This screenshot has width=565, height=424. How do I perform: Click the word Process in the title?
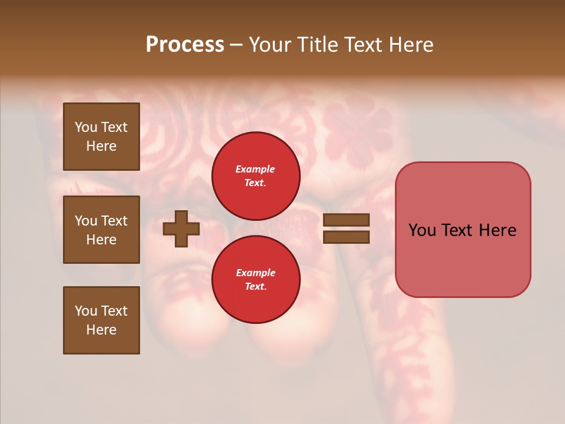[185, 45]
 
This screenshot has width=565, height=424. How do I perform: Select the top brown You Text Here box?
[101, 137]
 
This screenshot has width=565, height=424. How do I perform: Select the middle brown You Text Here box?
[101, 230]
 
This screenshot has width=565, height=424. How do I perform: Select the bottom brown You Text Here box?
[101, 320]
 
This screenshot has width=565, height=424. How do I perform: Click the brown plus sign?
[181, 228]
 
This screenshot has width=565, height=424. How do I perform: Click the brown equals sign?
[347, 228]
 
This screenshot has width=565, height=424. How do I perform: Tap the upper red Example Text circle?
[255, 175]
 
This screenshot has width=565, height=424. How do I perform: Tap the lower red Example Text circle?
[255, 279]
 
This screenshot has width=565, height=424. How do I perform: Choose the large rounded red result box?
[463, 230]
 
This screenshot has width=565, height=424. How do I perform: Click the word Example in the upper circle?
[255, 169]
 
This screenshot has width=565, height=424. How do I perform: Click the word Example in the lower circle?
[255, 273]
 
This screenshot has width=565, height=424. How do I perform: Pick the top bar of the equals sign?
[347, 220]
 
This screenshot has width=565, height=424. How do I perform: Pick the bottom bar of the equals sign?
[347, 237]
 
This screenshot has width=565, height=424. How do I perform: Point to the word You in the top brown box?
[85, 127]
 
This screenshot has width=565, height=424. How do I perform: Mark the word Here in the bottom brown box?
[101, 330]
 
